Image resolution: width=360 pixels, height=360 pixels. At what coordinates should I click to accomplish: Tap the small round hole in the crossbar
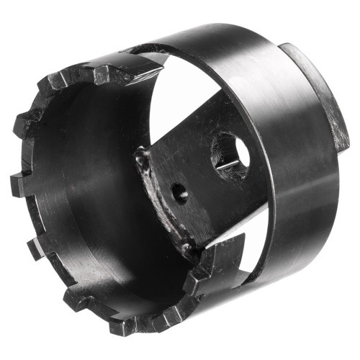tap(178, 192)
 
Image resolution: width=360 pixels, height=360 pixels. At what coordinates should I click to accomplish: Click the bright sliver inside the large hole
tap(226, 165)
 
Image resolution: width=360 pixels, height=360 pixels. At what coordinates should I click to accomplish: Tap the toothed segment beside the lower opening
tap(209, 263)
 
